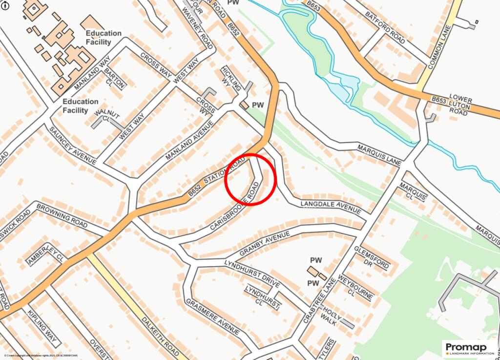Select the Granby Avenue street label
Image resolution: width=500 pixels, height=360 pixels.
(x=264, y=244)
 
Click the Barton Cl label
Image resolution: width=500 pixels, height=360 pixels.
(x=115, y=77)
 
